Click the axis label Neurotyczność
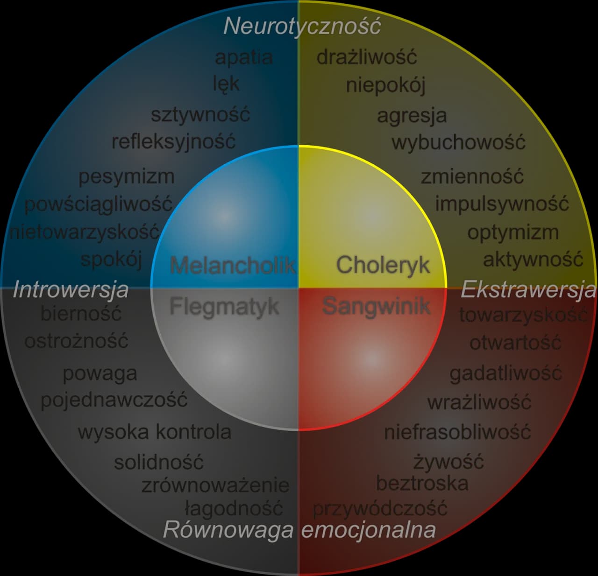pos(302,26)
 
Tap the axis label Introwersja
pos(71,289)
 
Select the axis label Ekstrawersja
pos(528,290)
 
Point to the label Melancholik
pos(233,265)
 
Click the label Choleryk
pos(383,265)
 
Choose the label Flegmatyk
pos(224,307)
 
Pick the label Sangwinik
pos(376,306)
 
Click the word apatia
pos(243,57)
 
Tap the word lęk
pos(226,84)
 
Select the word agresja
pos(412,115)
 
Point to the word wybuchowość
pos(458,142)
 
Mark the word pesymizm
pos(126,177)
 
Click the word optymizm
pos(513,232)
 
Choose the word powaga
pos(100,373)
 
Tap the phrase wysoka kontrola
pos(155,432)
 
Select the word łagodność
pos(234,508)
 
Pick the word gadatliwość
pos(505,373)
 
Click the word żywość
pos(448,462)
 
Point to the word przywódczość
pos(380,508)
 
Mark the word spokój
pos(111,260)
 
